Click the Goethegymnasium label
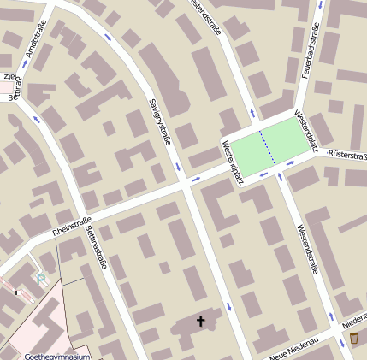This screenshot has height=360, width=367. [57, 356]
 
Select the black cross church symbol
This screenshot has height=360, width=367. [202, 322]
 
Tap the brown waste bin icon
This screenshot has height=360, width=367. [354, 339]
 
